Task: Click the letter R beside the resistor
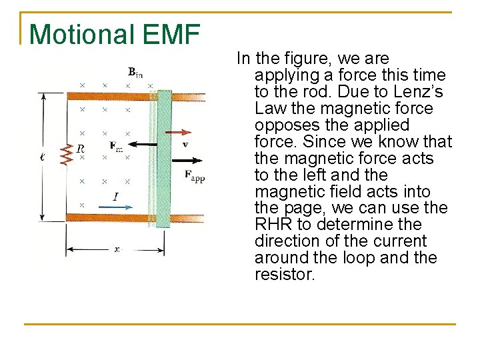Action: click(81, 149)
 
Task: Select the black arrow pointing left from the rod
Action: click(143, 144)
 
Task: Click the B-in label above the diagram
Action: click(135, 71)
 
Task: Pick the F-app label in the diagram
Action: click(195, 176)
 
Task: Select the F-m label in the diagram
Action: click(116, 147)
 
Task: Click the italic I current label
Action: click(115, 196)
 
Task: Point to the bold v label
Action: click(185, 143)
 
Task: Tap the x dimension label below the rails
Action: click(117, 249)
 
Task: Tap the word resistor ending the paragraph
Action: click(284, 274)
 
